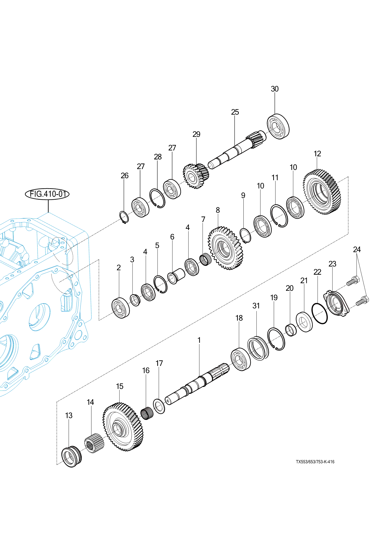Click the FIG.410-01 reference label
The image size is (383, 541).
click(x=47, y=194)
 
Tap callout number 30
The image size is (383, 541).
click(x=275, y=89)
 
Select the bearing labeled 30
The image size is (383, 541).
click(x=278, y=127)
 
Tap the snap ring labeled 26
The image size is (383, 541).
click(x=124, y=217)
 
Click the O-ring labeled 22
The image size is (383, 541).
click(x=319, y=313)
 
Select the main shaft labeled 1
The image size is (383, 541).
click(x=197, y=384)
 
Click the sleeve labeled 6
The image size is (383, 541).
click(x=176, y=276)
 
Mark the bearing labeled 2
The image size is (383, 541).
click(x=121, y=308)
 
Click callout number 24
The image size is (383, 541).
click(x=357, y=249)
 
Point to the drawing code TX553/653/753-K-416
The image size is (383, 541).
click(x=315, y=462)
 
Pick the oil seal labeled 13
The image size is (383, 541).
click(x=71, y=456)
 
